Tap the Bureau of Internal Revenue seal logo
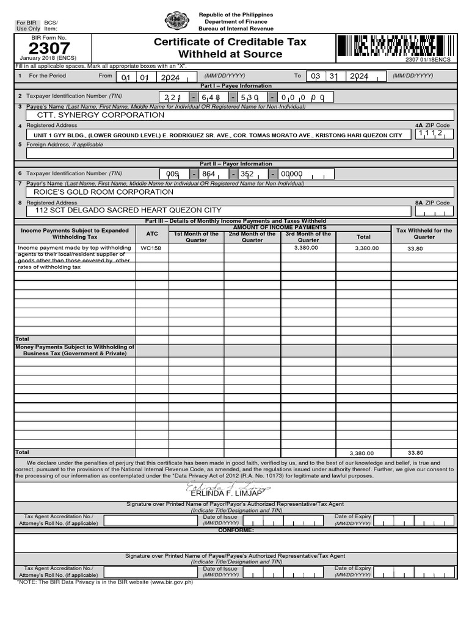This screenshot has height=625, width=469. [x=177, y=21]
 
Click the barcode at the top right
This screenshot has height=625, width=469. [x=385, y=46]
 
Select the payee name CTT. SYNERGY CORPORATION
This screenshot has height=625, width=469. [x=101, y=115]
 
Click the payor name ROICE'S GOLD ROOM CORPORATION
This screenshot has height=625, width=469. [x=104, y=192]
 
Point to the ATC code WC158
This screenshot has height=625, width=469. [x=151, y=248]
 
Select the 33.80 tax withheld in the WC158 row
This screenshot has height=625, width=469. [x=415, y=248]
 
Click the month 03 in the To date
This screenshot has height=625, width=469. [x=315, y=77]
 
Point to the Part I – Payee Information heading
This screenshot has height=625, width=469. [x=235, y=86]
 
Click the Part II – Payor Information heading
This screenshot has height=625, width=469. [x=236, y=164]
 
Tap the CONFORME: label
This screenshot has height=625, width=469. [x=236, y=530]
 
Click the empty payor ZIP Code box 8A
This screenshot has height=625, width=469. [x=434, y=211]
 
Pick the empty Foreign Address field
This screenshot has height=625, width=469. [x=235, y=153]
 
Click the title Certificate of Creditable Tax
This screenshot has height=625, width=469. [x=230, y=42]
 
